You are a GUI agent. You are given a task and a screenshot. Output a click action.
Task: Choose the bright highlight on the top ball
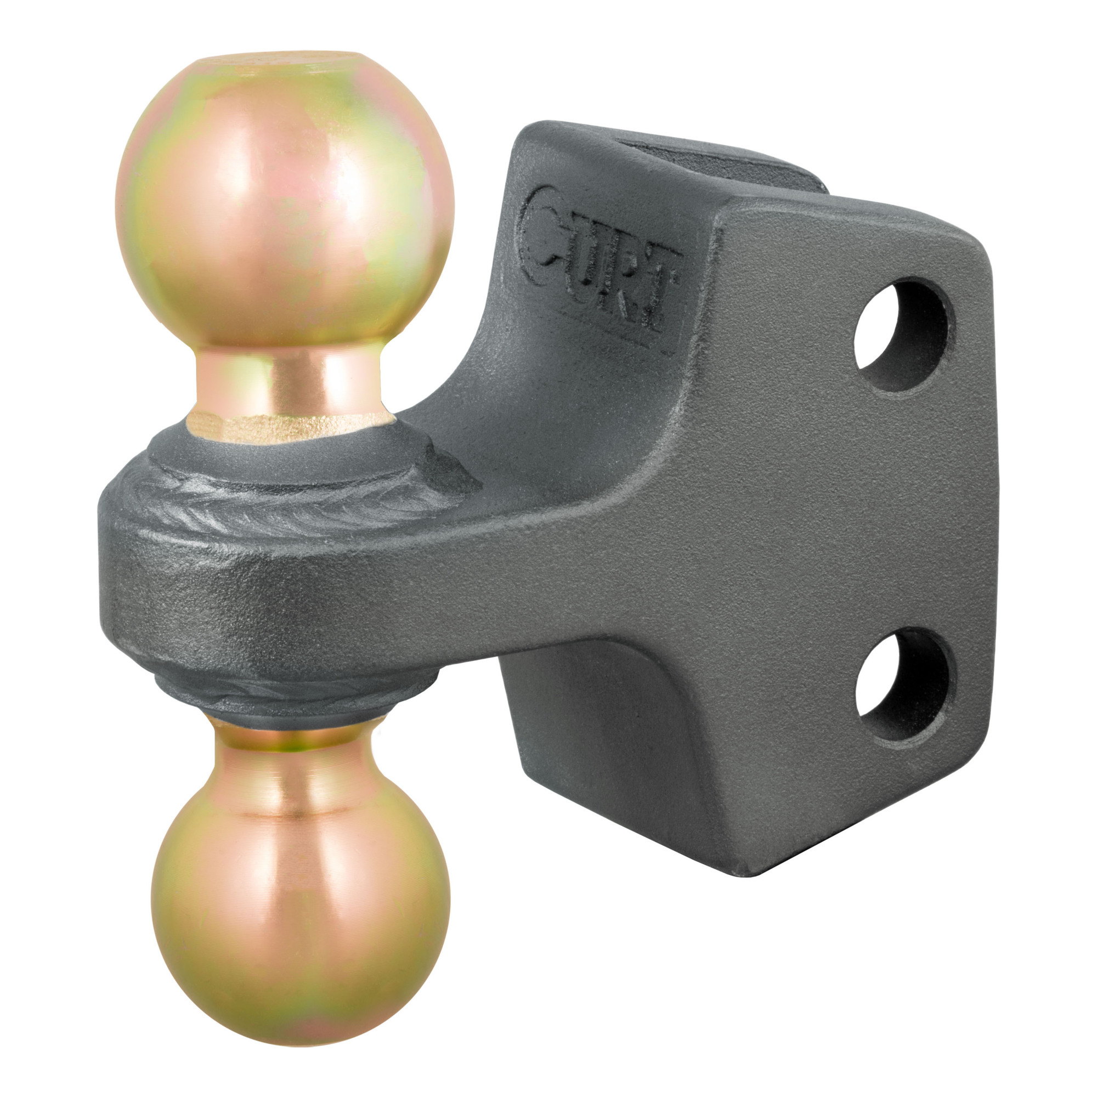(335, 182)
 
